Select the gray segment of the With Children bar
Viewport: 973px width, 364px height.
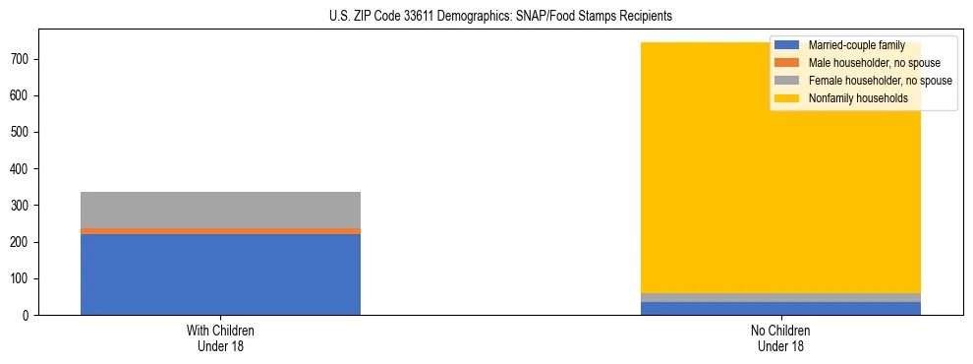point(220,210)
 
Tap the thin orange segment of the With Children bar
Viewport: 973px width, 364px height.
point(220,231)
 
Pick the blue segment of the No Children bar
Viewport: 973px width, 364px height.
point(780,308)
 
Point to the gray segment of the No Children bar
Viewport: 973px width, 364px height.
point(780,297)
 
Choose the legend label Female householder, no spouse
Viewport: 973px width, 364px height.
point(880,81)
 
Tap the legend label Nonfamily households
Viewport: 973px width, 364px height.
point(851,98)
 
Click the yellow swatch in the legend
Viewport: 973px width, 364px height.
point(787,98)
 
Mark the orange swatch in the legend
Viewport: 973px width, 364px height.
point(787,63)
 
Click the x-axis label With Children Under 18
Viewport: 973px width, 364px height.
point(220,337)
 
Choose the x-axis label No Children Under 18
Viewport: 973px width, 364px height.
point(780,337)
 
